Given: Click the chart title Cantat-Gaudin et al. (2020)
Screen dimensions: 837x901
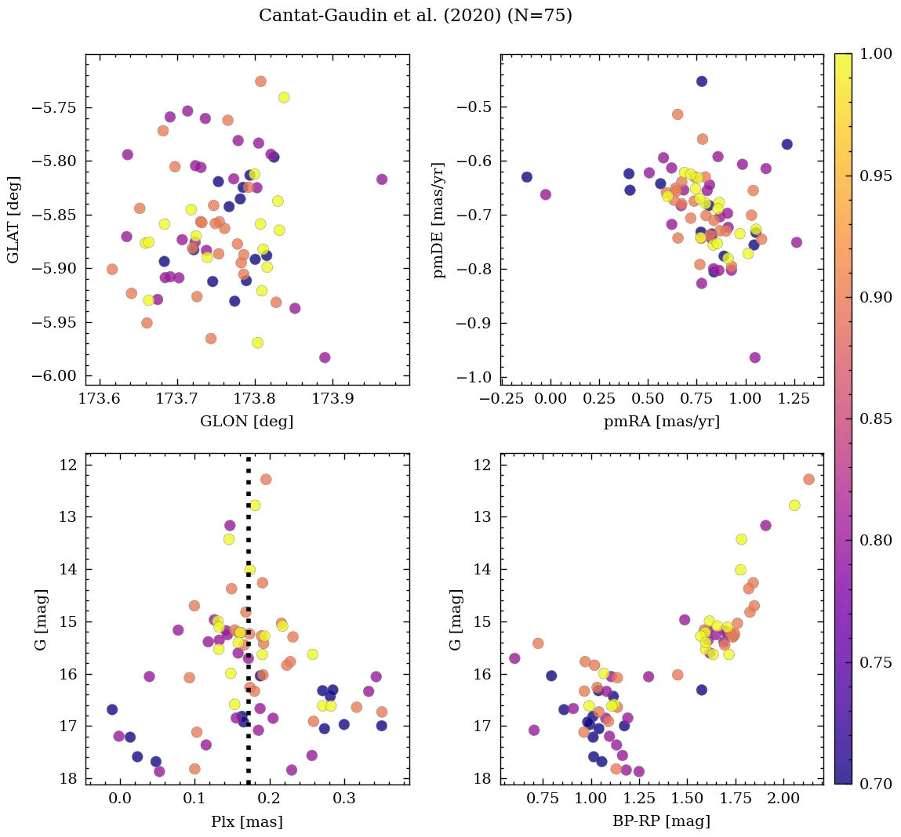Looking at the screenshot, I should pos(415,16).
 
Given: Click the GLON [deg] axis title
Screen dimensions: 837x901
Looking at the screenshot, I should pos(246,422).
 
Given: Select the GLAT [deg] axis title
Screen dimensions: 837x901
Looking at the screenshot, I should pos(13,219).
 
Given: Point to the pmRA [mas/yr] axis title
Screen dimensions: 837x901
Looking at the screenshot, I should pos(661,422).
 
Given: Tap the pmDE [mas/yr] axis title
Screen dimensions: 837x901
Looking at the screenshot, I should pos(438,219).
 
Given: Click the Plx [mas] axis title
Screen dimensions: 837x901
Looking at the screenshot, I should pos(246,821).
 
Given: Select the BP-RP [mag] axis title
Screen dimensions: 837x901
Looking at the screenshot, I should pos(661,821).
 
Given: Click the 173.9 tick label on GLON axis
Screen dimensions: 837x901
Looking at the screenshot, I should pos(332,399).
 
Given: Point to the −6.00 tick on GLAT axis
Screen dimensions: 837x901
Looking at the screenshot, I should pos(56,376).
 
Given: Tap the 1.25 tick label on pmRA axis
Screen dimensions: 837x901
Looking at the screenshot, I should pos(794,399).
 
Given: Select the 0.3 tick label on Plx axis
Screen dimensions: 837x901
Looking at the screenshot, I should pos(344,799).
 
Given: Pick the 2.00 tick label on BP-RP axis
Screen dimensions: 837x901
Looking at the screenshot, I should pos(783,799).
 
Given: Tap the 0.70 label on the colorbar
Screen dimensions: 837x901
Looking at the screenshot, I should pos(876,784).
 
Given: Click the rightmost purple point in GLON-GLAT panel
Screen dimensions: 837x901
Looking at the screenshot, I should pos(382,179).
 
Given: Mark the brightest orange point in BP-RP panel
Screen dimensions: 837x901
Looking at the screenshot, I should pos(808,480).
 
